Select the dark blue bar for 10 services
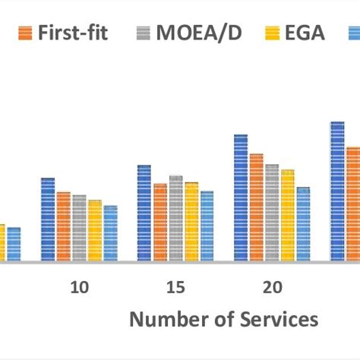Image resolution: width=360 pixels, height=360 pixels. click(x=48, y=220)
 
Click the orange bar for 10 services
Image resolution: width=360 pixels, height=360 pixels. click(x=63, y=226)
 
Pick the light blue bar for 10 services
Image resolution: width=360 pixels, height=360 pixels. click(x=110, y=233)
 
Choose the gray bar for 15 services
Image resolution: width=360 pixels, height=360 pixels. click(x=175, y=219)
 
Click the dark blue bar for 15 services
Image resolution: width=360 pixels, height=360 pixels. click(x=144, y=213)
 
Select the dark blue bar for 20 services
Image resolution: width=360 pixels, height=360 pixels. click(x=241, y=198)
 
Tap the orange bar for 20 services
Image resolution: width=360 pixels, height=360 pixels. click(x=256, y=207)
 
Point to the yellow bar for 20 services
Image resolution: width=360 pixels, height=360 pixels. click(x=287, y=216)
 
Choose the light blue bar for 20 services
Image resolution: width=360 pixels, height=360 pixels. click(x=303, y=224)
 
